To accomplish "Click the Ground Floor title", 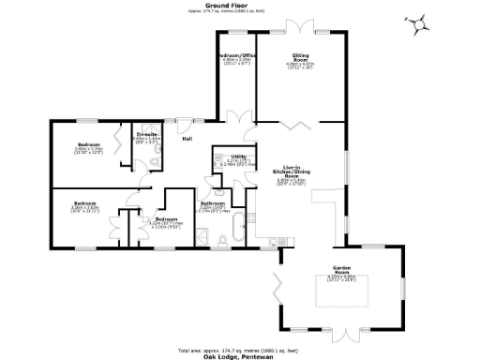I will [x=239, y=5].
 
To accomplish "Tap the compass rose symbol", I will [x=418, y=22].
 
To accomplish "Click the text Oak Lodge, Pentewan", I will [x=240, y=354].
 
